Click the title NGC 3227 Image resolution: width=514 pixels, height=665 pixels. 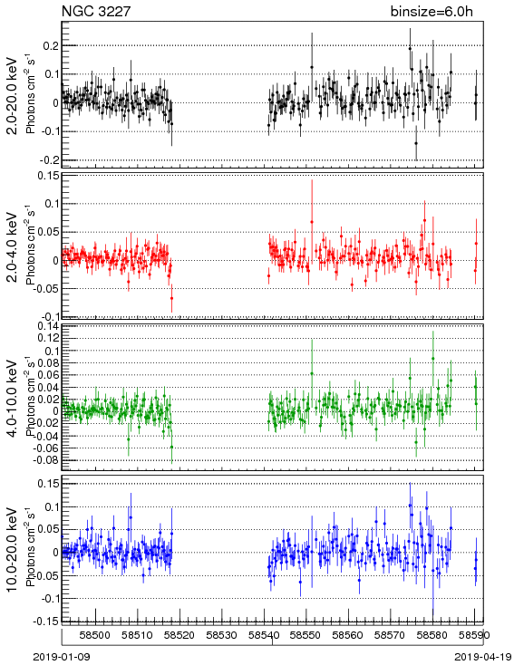coord(96,11)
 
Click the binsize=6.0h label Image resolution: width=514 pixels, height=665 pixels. coord(432,11)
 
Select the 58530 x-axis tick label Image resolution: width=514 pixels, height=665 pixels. coord(222,635)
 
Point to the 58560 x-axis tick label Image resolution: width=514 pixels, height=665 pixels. coord(348,635)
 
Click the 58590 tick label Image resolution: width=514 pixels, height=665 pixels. coord(474,635)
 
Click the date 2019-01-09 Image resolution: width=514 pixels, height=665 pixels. coord(62,657)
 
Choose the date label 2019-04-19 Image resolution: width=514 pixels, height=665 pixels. coord(482,657)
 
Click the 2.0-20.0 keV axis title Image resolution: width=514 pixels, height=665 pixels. coord(13,95)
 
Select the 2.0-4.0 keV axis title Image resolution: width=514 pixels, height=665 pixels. coord(13,246)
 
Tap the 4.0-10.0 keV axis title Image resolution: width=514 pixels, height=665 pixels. coord(13,399)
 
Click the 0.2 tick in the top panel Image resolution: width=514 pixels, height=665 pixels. coord(51,46)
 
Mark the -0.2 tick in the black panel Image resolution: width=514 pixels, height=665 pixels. coord(49,160)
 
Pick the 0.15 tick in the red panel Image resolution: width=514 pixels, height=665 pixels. coord(48,176)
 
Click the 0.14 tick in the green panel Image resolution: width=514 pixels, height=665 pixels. coord(48,326)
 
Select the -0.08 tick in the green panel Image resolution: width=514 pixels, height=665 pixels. coord(46,459)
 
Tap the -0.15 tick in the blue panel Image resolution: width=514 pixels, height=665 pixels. coord(46,621)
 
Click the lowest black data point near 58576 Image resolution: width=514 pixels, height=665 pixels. coord(416,143)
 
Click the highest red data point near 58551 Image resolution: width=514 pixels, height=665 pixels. coord(312,222)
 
